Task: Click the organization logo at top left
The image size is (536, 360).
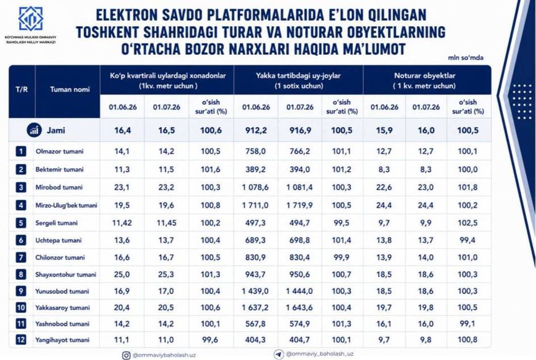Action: point(31,19)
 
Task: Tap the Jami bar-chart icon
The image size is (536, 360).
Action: point(34,130)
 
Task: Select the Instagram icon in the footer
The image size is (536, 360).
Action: point(126,355)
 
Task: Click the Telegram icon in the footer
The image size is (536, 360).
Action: point(279,354)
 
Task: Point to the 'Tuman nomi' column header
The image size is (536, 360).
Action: point(70,90)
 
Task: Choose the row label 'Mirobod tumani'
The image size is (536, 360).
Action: point(59,187)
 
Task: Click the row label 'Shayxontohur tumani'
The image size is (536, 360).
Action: point(66,274)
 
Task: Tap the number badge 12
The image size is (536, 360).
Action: point(21,340)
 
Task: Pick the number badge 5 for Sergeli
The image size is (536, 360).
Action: point(21,223)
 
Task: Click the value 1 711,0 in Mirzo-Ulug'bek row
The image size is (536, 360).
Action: point(255,205)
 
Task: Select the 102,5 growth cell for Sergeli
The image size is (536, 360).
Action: point(468,223)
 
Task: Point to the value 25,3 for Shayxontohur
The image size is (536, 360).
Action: point(166,274)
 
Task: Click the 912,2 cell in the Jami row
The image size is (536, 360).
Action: point(256,130)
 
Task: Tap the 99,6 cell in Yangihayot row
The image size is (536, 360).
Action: point(210,340)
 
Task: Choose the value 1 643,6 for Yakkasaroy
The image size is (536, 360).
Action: point(299,307)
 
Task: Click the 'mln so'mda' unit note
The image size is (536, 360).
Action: point(466,58)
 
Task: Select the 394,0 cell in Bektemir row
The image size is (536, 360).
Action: point(300,170)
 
